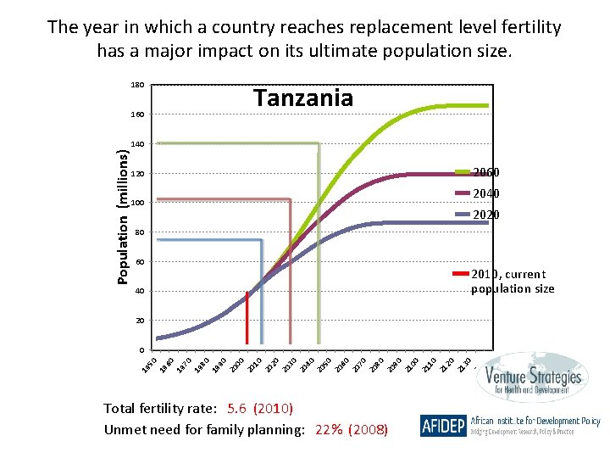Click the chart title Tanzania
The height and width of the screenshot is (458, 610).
click(x=303, y=98)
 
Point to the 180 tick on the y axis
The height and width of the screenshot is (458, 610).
click(x=137, y=85)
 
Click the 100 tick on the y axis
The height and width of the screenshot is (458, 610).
click(x=137, y=203)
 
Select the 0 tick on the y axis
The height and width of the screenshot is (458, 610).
click(x=141, y=350)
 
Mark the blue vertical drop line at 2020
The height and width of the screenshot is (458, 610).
click(x=262, y=297)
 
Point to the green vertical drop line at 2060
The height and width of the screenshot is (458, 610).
click(x=319, y=254)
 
